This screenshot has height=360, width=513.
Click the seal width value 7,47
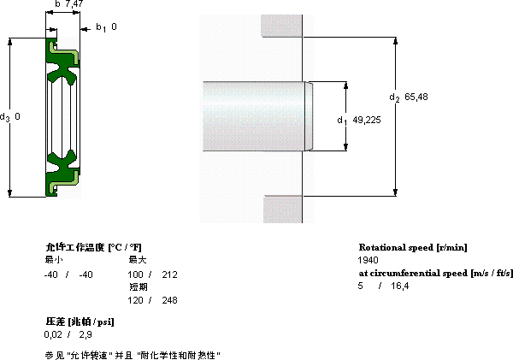[74, 3]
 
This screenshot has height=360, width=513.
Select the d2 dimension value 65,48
[416, 97]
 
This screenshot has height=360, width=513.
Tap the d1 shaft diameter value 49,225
[367, 120]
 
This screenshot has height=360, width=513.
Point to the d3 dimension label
[4, 117]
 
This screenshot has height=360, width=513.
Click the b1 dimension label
[101, 27]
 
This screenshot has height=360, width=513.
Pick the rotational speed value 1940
[368, 260]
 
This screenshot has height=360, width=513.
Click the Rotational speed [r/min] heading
[413, 247]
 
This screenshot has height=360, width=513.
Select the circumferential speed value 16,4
[399, 286]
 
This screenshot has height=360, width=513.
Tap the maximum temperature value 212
[169, 274]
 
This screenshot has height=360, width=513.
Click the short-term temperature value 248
[169, 300]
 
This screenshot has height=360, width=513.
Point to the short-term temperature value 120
[135, 300]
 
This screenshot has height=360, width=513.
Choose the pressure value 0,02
[53, 334]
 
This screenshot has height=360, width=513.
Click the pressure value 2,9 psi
[85, 334]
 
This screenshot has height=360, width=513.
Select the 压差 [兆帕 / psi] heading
[80, 322]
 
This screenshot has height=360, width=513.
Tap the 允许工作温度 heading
[75, 247]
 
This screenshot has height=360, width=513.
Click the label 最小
[54, 260]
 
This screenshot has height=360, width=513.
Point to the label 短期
[138, 287]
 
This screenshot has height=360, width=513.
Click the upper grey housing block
[281, 26]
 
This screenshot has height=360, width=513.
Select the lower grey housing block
[283, 210]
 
